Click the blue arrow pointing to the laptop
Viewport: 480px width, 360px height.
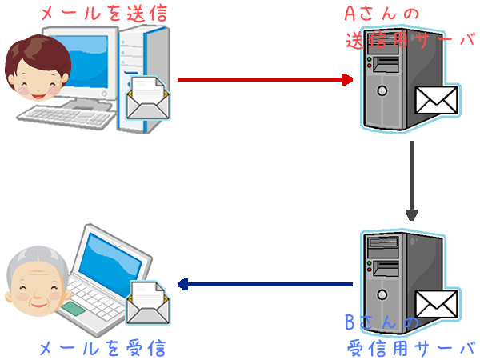tap(264, 284)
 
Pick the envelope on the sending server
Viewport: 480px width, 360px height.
tap(435, 101)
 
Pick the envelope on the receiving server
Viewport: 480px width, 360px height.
tap(435, 305)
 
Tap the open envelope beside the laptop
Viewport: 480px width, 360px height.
tap(148, 302)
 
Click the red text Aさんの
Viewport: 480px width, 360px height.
tap(374, 14)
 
